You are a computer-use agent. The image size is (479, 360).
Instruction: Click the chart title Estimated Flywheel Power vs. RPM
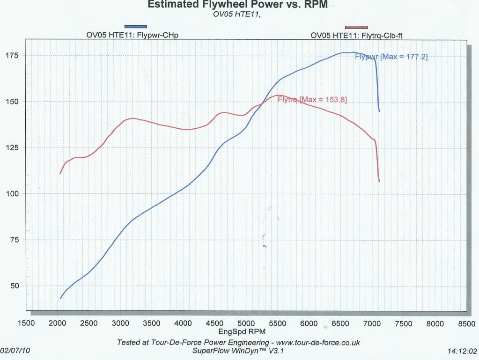coord(237,5)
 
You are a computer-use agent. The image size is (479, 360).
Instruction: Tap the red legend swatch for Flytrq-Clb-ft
coord(356,27)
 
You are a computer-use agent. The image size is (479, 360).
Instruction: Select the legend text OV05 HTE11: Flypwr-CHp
coord(135,35)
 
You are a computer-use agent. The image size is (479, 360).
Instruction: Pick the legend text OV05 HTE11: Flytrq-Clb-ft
coord(356,35)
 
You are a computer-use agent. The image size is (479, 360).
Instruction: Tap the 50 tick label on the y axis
coord(15,286)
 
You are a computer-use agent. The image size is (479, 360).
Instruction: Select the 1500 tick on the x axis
coord(26,323)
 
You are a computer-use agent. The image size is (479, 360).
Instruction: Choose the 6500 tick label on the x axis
coord(340,323)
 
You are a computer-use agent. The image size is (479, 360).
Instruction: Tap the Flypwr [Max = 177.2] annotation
coord(391,57)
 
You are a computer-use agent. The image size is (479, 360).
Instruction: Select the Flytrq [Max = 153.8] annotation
coord(312,99)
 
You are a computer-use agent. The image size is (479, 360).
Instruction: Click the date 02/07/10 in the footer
coord(14,350)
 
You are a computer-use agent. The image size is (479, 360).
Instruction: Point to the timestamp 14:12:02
coord(462,350)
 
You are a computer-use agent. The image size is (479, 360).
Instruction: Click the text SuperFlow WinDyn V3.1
coord(239,351)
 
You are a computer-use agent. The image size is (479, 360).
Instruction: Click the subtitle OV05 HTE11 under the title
coord(237,14)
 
